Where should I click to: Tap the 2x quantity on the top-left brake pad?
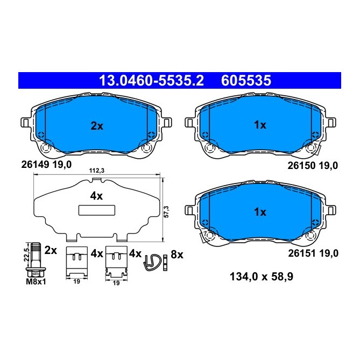click(96, 126)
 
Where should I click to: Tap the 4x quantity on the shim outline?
click(96, 196)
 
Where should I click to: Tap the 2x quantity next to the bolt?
click(51, 251)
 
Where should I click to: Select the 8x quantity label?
click(177, 253)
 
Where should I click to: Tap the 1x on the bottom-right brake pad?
click(260, 212)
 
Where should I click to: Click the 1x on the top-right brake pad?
click(260, 125)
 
